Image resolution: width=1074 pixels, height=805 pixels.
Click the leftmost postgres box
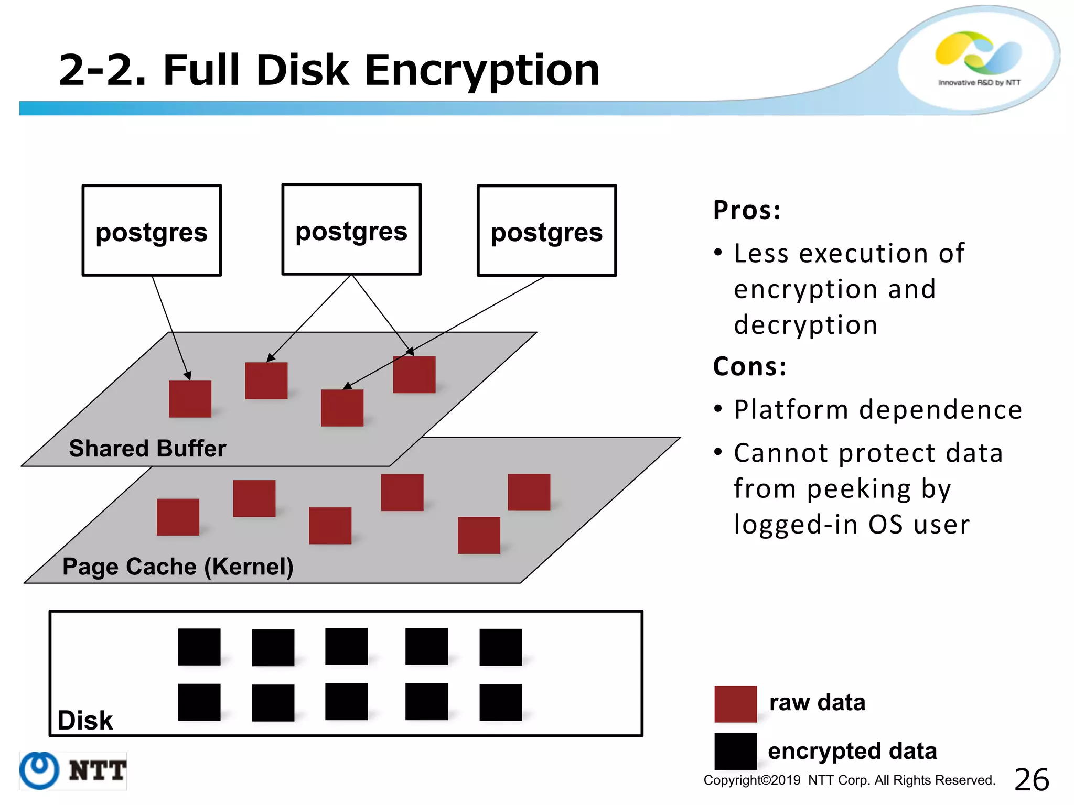[152, 231]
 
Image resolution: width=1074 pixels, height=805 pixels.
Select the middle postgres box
[351, 230]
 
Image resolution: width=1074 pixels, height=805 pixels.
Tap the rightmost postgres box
[546, 231]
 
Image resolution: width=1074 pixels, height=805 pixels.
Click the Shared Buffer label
[147, 449]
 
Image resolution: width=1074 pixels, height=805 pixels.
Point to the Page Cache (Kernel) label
[178, 567]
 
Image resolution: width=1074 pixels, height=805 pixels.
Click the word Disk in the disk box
[85, 721]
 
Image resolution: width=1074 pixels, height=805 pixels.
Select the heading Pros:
[747, 210]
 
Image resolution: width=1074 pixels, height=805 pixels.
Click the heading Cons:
[750, 366]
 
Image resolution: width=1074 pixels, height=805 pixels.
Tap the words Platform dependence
[878, 409]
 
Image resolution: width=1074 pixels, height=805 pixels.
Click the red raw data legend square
[735, 704]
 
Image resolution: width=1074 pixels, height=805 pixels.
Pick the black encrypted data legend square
[735, 751]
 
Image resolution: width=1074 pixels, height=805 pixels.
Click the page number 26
[1032, 780]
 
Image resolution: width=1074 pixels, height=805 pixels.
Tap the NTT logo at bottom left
[73, 770]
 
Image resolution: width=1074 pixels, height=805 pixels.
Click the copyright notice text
[849, 780]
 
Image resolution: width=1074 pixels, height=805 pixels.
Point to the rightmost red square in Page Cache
[529, 492]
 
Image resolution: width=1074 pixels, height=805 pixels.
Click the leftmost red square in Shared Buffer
[190, 399]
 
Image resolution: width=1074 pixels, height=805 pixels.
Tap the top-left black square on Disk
[199, 647]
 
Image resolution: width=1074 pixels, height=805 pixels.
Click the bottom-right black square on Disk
[500, 702]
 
